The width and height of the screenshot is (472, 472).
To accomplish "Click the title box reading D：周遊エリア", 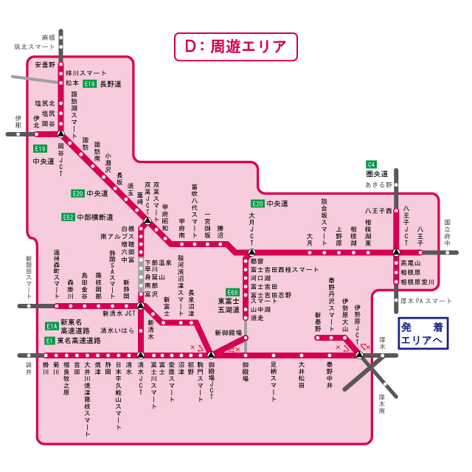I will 236,46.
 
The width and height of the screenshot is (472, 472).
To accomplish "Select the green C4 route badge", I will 372,164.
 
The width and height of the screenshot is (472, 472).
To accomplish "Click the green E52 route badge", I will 69,218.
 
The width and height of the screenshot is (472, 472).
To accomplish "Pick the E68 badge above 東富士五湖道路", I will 232,292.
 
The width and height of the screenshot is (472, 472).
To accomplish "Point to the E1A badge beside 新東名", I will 51,326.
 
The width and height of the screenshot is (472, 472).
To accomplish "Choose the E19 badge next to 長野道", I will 89,84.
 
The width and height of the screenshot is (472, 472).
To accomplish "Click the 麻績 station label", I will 49,36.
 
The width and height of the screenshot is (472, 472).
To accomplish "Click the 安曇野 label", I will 45,64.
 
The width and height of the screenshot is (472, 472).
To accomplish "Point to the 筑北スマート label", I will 35,46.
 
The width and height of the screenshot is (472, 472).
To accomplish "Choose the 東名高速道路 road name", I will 79,341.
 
